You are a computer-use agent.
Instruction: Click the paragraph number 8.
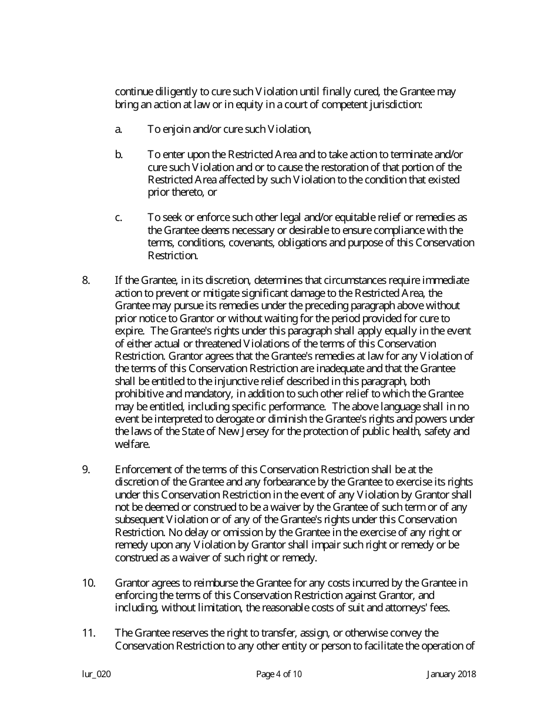(86, 280)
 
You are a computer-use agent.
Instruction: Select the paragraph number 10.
(88, 583)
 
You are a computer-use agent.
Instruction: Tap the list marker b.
(119, 154)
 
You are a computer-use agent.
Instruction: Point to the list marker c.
(118, 217)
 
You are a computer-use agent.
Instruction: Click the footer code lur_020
(96, 674)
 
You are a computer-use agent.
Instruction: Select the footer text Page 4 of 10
(279, 674)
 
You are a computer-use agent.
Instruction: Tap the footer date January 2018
(451, 674)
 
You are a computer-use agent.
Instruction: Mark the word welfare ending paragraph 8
(132, 444)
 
